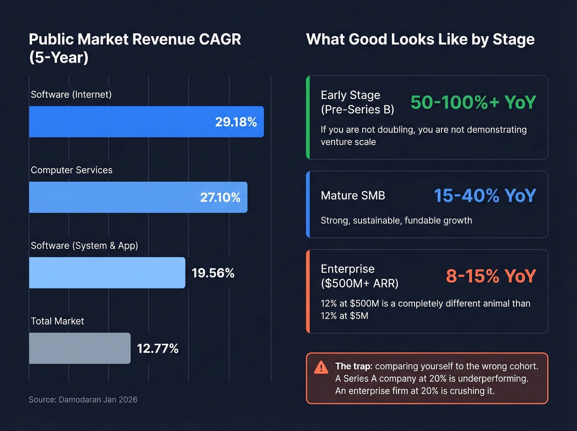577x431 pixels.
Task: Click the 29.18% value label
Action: point(236,122)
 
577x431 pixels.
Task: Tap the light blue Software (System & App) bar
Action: point(107,273)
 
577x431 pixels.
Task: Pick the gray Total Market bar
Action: point(80,349)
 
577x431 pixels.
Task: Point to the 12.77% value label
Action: point(157,349)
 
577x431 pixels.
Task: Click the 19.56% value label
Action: point(213,273)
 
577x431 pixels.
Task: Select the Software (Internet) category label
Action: point(71,94)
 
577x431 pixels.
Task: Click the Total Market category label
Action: point(57,321)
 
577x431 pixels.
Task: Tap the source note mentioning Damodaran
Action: point(83,400)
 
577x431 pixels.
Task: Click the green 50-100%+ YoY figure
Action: point(473,102)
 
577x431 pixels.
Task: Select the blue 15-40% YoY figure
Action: point(485,195)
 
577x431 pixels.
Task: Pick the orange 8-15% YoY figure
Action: point(490,276)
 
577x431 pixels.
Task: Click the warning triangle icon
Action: point(321,367)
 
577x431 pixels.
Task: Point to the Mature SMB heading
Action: point(353,195)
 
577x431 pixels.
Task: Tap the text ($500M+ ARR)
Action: point(359,283)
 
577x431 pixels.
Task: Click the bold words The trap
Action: point(353,366)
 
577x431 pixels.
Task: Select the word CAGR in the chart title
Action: point(220,40)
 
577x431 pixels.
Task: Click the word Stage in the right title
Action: point(513,40)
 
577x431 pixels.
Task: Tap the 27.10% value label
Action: point(220,198)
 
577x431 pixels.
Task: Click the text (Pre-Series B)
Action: point(357,110)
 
